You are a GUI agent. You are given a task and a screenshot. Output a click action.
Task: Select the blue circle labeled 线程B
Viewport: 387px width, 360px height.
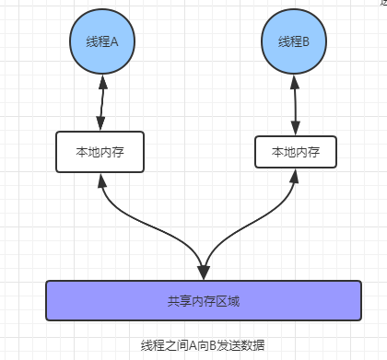pos(293,41)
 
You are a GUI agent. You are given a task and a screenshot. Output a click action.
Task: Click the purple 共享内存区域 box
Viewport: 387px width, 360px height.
pos(202,301)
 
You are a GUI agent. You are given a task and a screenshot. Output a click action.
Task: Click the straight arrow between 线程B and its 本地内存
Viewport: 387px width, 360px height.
pos(294,103)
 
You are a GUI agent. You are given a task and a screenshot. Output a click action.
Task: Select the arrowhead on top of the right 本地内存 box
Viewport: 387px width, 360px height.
pos(295,126)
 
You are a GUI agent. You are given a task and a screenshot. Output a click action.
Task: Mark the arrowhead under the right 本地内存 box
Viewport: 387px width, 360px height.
pos(296,177)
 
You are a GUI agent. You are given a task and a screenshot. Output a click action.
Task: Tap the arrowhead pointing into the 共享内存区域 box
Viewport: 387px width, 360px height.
pos(202,273)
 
